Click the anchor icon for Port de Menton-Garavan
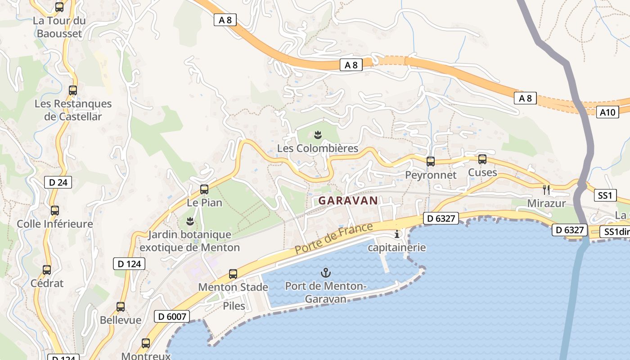pyautogui.click(x=325, y=272)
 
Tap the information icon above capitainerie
pyautogui.click(x=397, y=234)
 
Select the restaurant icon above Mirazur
pyautogui.click(x=546, y=189)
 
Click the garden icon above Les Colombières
pyautogui.click(x=318, y=135)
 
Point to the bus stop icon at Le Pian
pyautogui.click(x=204, y=189)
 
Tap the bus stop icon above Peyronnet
pyautogui.click(x=431, y=162)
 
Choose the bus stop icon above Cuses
pyautogui.click(x=482, y=159)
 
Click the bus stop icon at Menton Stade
pyautogui.click(x=233, y=274)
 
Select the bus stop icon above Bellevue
pyautogui.click(x=121, y=307)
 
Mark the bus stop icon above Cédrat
pyautogui.click(x=47, y=270)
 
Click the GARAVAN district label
pyautogui.click(x=348, y=201)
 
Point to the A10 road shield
pyautogui.click(x=607, y=112)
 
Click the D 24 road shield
pyautogui.click(x=58, y=182)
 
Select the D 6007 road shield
pyautogui.click(x=172, y=316)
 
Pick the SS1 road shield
pyautogui.click(x=605, y=195)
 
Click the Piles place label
pyautogui.click(x=234, y=306)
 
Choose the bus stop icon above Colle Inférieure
pyautogui.click(x=55, y=210)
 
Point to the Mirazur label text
pyautogui.click(x=546, y=203)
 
